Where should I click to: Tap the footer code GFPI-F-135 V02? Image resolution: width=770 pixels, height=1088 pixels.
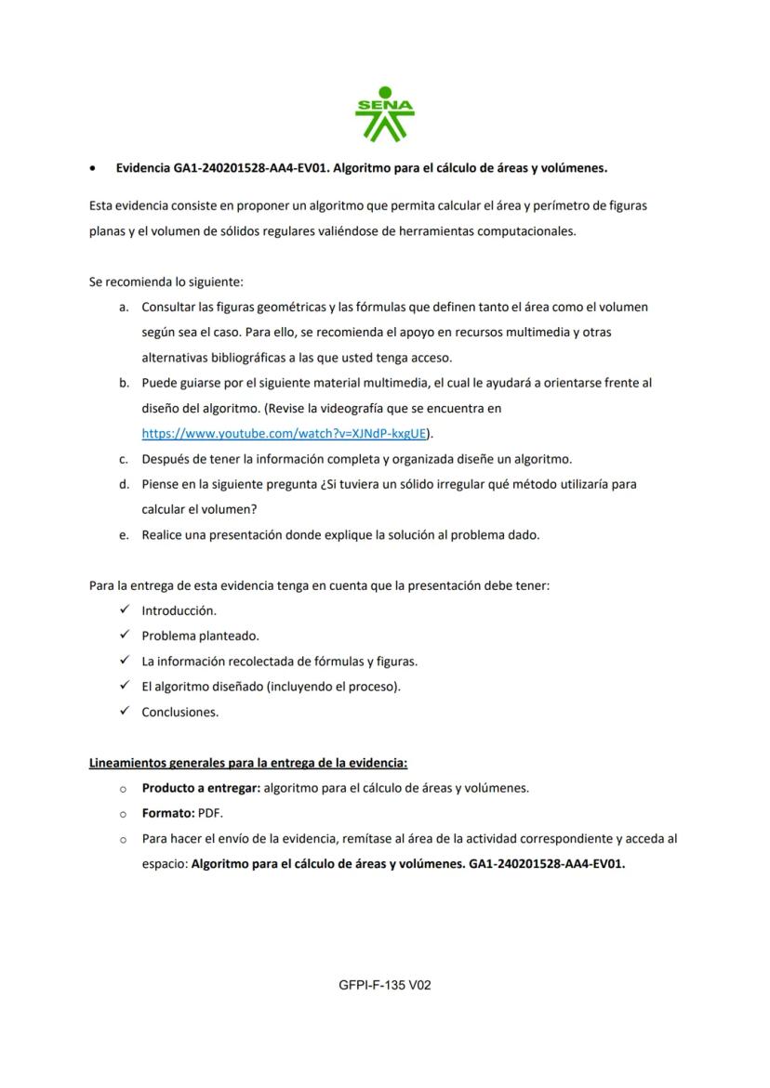point(385,985)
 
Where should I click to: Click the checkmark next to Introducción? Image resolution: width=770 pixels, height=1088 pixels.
point(124,610)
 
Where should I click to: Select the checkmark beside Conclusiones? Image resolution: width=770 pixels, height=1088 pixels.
point(124,712)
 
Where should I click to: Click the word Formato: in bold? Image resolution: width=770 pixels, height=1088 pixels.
point(167,813)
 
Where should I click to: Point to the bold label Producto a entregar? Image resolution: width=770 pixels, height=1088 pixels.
point(201,788)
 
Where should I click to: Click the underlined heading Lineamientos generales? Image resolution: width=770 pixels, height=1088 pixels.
point(248,763)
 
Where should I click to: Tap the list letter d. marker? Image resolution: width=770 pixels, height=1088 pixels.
point(124,484)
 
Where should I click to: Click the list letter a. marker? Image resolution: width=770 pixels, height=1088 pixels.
point(124,307)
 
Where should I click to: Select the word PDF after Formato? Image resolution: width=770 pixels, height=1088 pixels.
point(211,813)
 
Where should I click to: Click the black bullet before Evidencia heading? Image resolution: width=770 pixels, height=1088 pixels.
point(92,169)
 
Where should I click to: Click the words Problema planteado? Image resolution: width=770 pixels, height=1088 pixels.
point(200,636)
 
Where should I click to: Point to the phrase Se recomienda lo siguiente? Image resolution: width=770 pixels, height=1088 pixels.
point(166,282)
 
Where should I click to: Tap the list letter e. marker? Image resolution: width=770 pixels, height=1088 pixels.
point(124,535)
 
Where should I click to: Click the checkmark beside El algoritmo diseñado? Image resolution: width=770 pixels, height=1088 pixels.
point(124,687)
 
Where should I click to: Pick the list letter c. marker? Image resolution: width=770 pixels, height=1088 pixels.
point(124,459)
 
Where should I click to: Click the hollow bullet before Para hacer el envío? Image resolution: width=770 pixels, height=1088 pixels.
point(123,839)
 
